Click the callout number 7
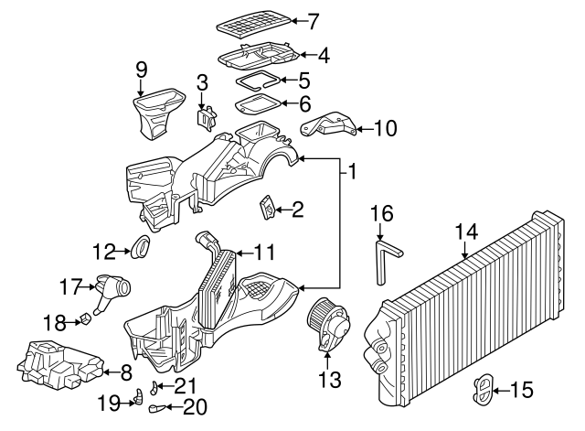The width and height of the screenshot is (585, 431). pyautogui.click(x=314, y=20)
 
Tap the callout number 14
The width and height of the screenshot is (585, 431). pyautogui.click(x=466, y=232)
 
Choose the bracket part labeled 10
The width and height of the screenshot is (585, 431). pyautogui.click(x=330, y=124)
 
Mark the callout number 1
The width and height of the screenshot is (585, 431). pyautogui.click(x=353, y=170)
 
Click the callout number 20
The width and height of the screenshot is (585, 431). pyautogui.click(x=196, y=406)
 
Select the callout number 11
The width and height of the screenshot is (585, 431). pyautogui.click(x=264, y=251)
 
